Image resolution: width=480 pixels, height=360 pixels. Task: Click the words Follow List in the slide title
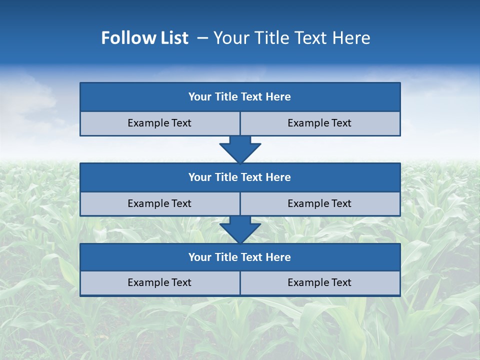coord(145,38)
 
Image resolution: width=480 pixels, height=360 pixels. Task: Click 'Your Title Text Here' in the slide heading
coord(291,38)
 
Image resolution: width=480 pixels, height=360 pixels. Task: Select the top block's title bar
coord(240,97)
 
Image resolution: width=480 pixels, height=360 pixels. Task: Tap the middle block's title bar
coord(240,177)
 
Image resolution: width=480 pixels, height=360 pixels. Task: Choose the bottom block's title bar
coord(240,257)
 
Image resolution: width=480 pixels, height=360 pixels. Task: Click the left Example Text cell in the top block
coord(159,123)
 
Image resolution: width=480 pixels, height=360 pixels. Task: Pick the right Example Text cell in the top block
coord(319,123)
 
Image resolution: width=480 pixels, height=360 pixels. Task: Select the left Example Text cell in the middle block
coord(159,203)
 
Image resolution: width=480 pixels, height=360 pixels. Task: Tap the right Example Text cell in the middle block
coord(319,203)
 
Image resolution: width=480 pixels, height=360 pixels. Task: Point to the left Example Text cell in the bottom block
coord(159,282)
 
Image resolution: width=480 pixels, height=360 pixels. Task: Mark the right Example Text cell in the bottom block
coord(319,282)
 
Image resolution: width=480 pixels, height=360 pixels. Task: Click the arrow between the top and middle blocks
coord(240,149)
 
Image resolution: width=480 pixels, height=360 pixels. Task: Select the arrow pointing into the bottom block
coord(240,230)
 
